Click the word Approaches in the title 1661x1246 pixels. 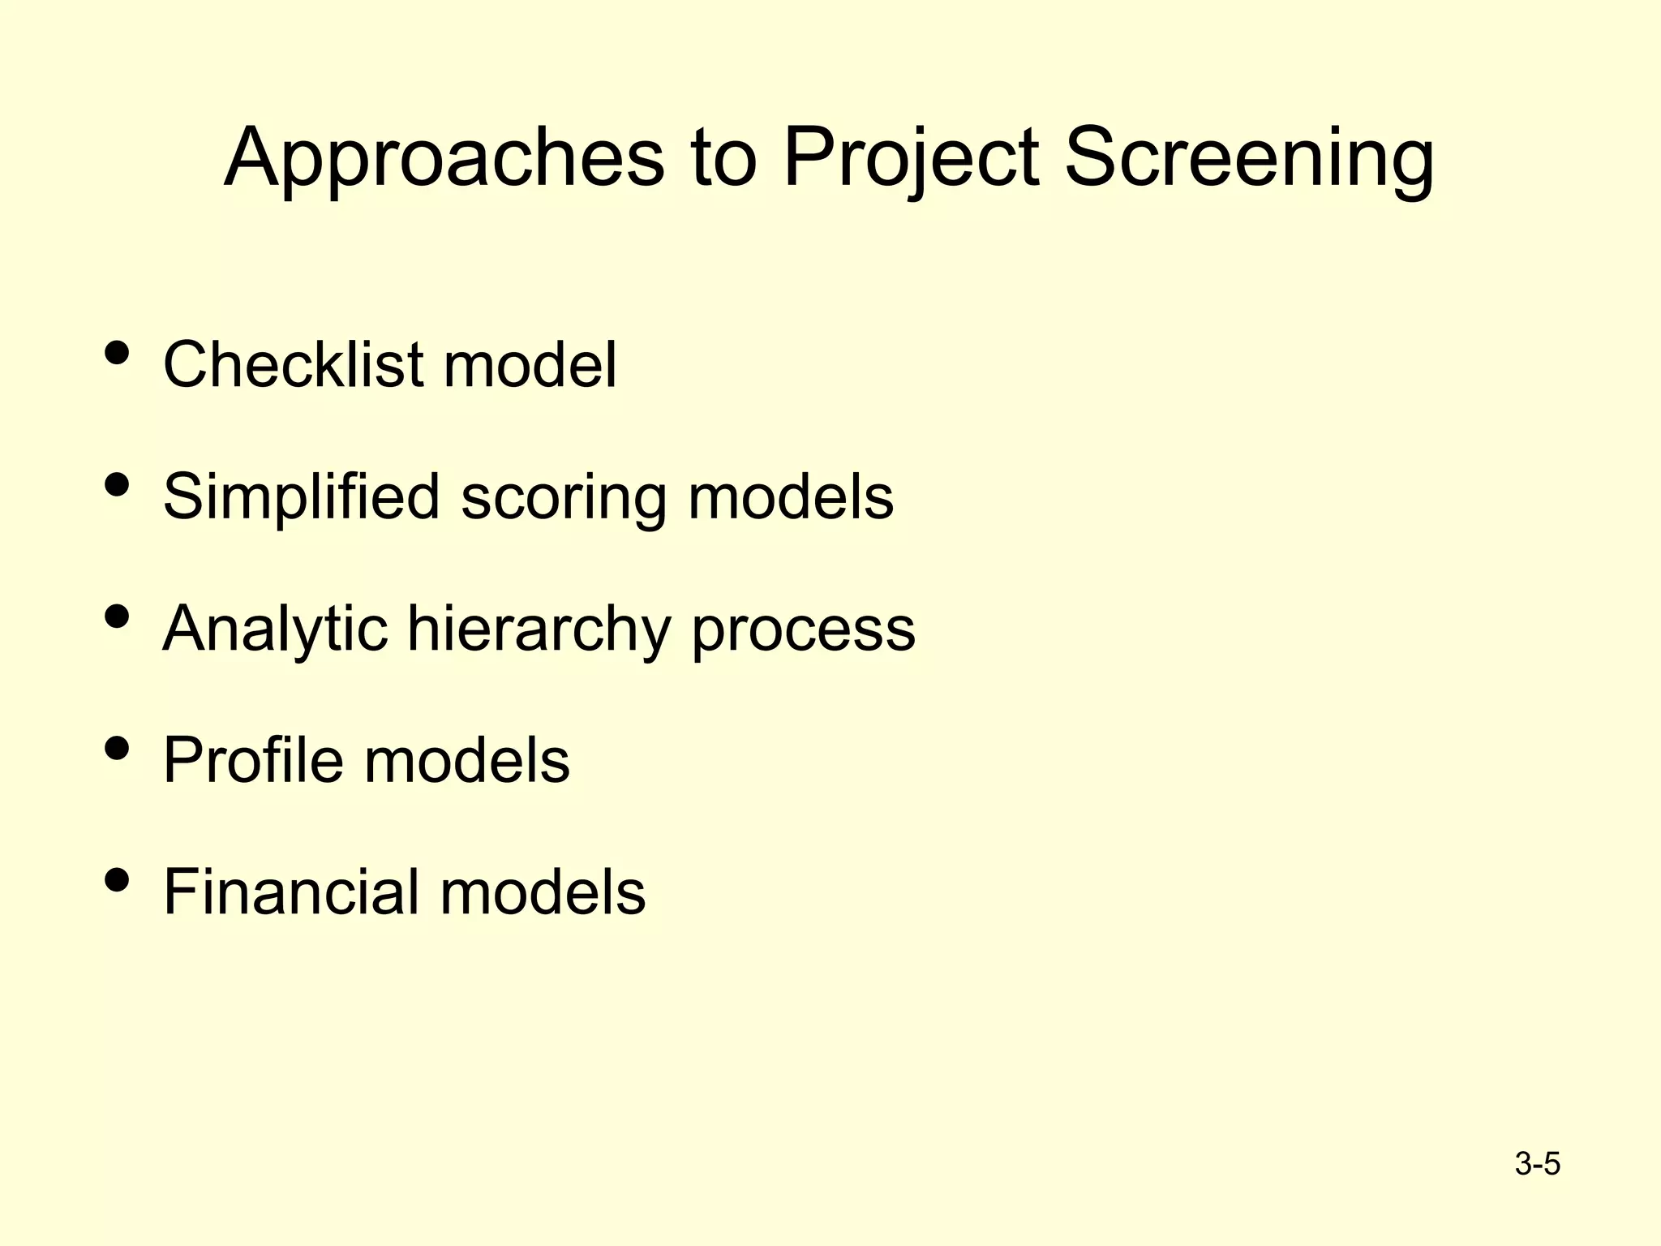(444, 158)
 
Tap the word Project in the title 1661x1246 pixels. (911, 158)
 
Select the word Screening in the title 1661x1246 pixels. (1248, 158)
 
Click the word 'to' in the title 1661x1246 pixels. (724, 158)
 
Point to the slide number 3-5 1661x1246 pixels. (1537, 1164)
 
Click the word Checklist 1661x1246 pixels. (293, 364)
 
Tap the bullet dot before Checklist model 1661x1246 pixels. (118, 354)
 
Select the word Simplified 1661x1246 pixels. (301, 496)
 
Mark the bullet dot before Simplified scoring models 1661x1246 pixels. (118, 485)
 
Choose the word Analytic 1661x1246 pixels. (275, 629)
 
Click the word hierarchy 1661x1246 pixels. (539, 629)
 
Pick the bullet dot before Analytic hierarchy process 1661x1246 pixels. (118, 617)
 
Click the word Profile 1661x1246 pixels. (253, 760)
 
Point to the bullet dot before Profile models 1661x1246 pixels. (118, 749)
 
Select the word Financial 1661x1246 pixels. (291, 892)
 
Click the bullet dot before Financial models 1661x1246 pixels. (118, 881)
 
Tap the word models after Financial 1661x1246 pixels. (543, 892)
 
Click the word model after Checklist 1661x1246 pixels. (530, 364)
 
